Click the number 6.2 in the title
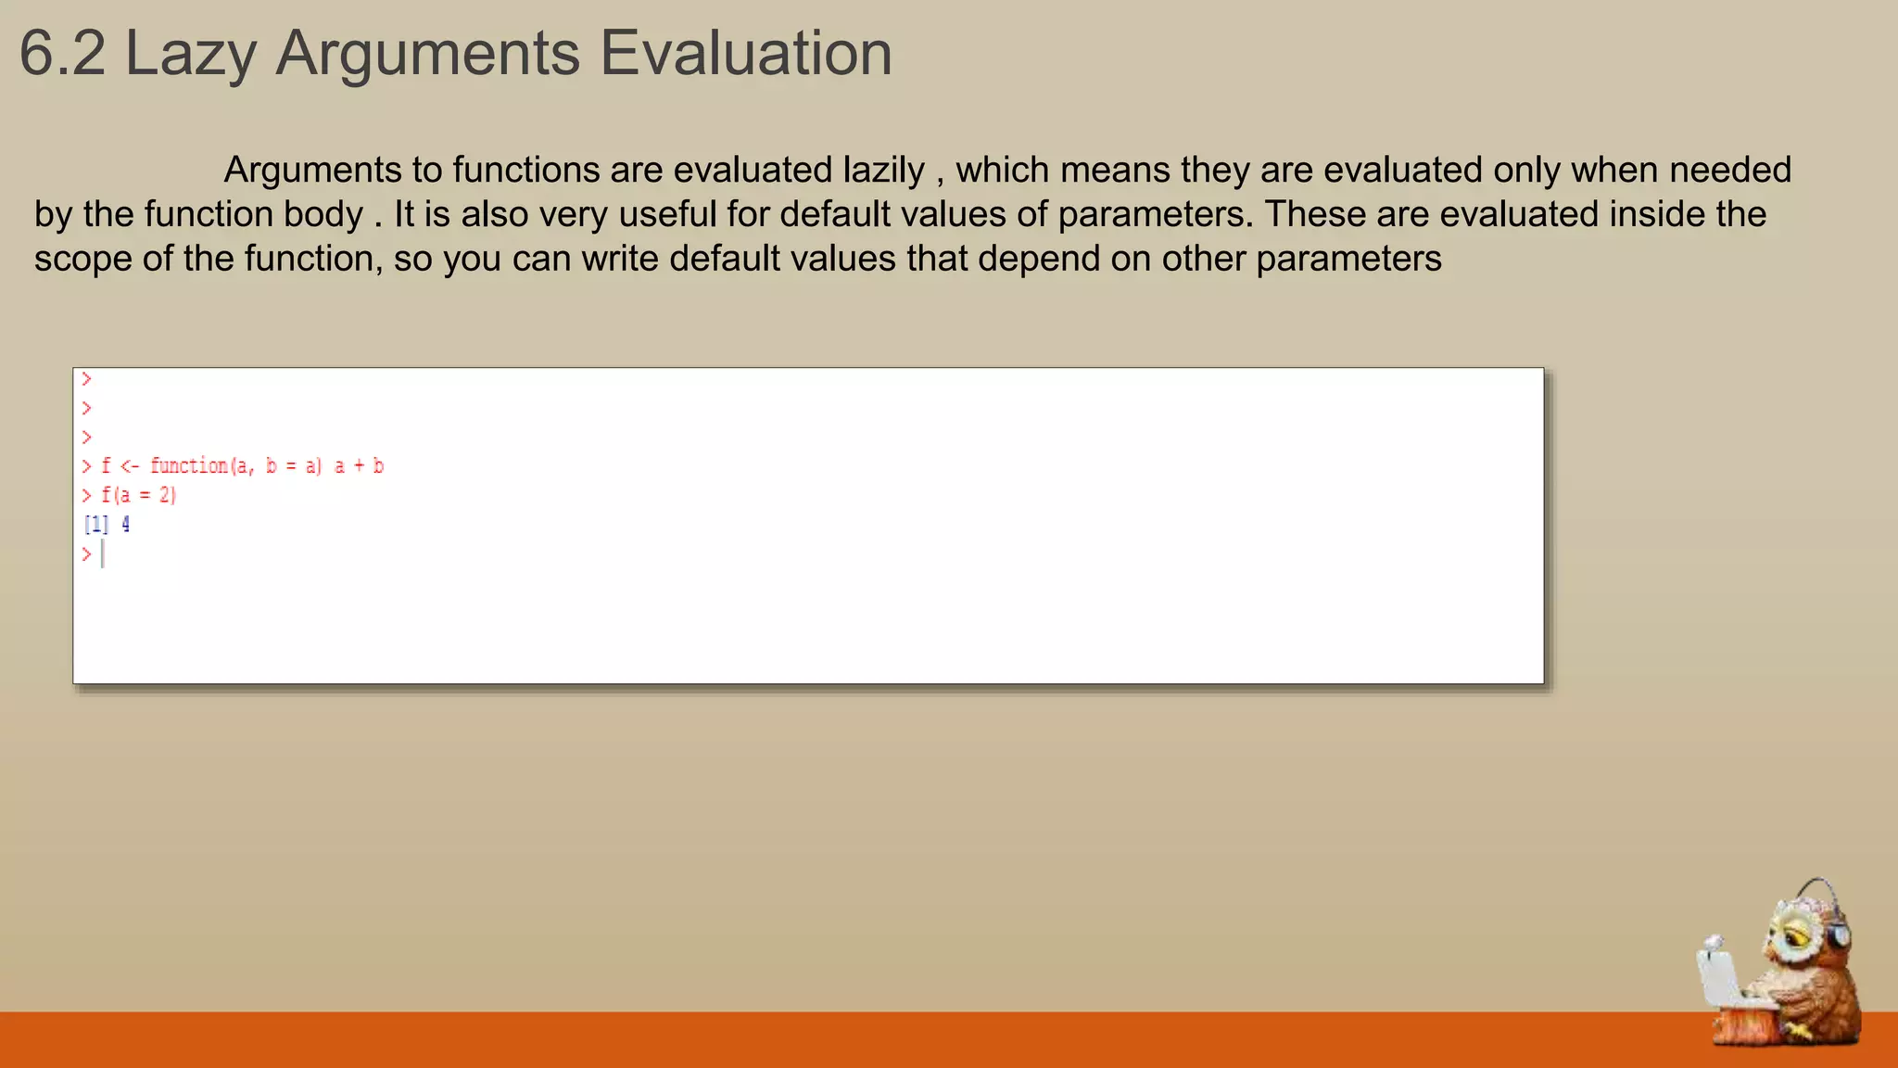click(62, 54)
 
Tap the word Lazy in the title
click(190, 54)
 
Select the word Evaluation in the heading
click(746, 54)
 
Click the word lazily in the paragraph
click(883, 171)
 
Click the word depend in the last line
click(1038, 259)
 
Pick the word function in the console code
click(189, 465)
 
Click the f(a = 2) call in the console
click(139, 495)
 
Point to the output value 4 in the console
click(126, 525)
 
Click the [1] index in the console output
click(96, 525)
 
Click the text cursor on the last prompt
click(103, 554)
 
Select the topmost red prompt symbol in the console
click(86, 379)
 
